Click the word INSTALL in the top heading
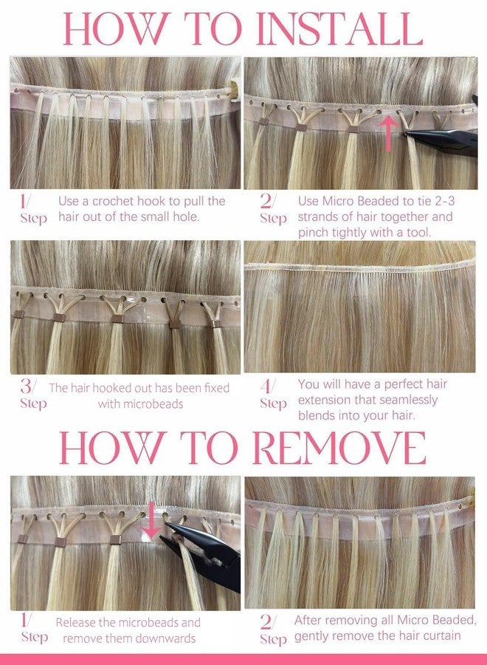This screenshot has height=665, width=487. coord(339,28)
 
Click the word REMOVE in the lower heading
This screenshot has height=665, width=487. coord(339,448)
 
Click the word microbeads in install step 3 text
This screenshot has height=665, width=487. coord(141,403)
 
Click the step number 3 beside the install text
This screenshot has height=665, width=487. coord(26,386)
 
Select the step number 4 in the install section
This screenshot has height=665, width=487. coord(266,386)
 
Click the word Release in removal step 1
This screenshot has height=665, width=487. coord(75,623)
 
